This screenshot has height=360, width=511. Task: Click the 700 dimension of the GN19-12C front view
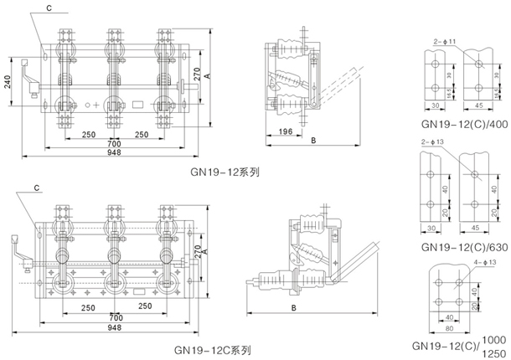pos(116,319)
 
